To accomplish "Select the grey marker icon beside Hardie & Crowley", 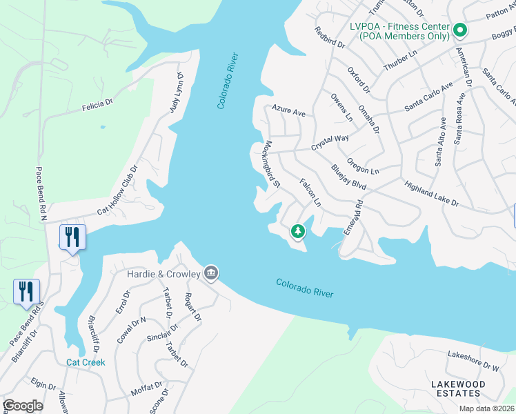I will [211, 274].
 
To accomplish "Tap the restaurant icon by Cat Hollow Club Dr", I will [72, 237].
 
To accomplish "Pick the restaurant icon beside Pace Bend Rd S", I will [26, 290].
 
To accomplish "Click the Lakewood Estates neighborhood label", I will [455, 388].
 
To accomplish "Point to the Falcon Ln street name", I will [310, 193].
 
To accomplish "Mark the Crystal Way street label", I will [330, 143].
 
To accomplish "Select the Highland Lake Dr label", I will [432, 194].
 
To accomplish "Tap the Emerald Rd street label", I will [353, 215].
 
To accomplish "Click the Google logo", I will [22, 406].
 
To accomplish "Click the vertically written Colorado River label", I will [228, 80].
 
